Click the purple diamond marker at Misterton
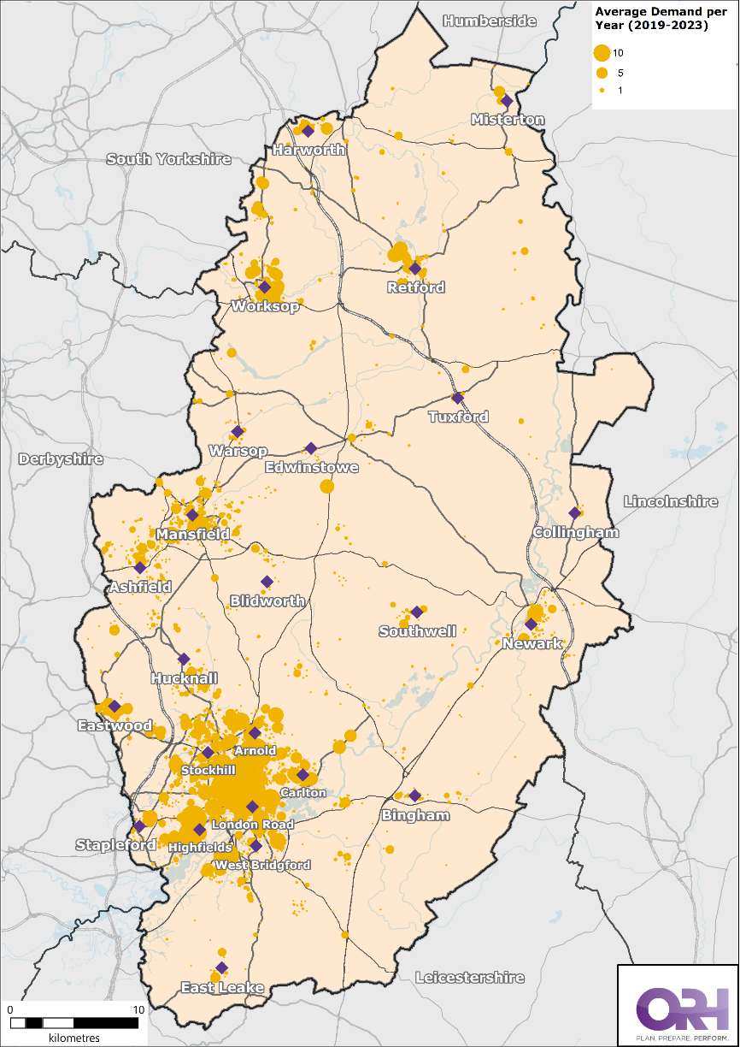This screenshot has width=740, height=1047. click(507, 101)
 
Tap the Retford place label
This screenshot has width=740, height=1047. click(415, 287)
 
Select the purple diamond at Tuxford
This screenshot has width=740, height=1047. click(458, 398)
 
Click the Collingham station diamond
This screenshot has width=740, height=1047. click(575, 513)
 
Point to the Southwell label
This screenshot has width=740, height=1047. click(418, 631)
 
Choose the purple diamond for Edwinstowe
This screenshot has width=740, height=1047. click(311, 448)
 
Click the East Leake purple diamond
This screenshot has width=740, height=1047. click(221, 967)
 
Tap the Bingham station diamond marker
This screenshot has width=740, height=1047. click(414, 796)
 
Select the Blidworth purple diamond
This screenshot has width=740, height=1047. click(267, 582)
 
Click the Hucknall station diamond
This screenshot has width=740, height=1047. click(184, 659)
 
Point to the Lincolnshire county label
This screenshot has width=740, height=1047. click(671, 501)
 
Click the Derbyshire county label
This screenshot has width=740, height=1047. click(61, 459)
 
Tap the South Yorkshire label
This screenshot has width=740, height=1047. click(168, 159)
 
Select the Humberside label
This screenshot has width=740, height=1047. click(490, 21)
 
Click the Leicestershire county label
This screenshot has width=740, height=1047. click(469, 977)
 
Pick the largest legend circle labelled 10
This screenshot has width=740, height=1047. click(602, 53)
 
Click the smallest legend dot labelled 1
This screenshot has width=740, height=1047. click(602, 89)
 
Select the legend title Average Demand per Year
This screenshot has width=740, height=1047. click(654, 18)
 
